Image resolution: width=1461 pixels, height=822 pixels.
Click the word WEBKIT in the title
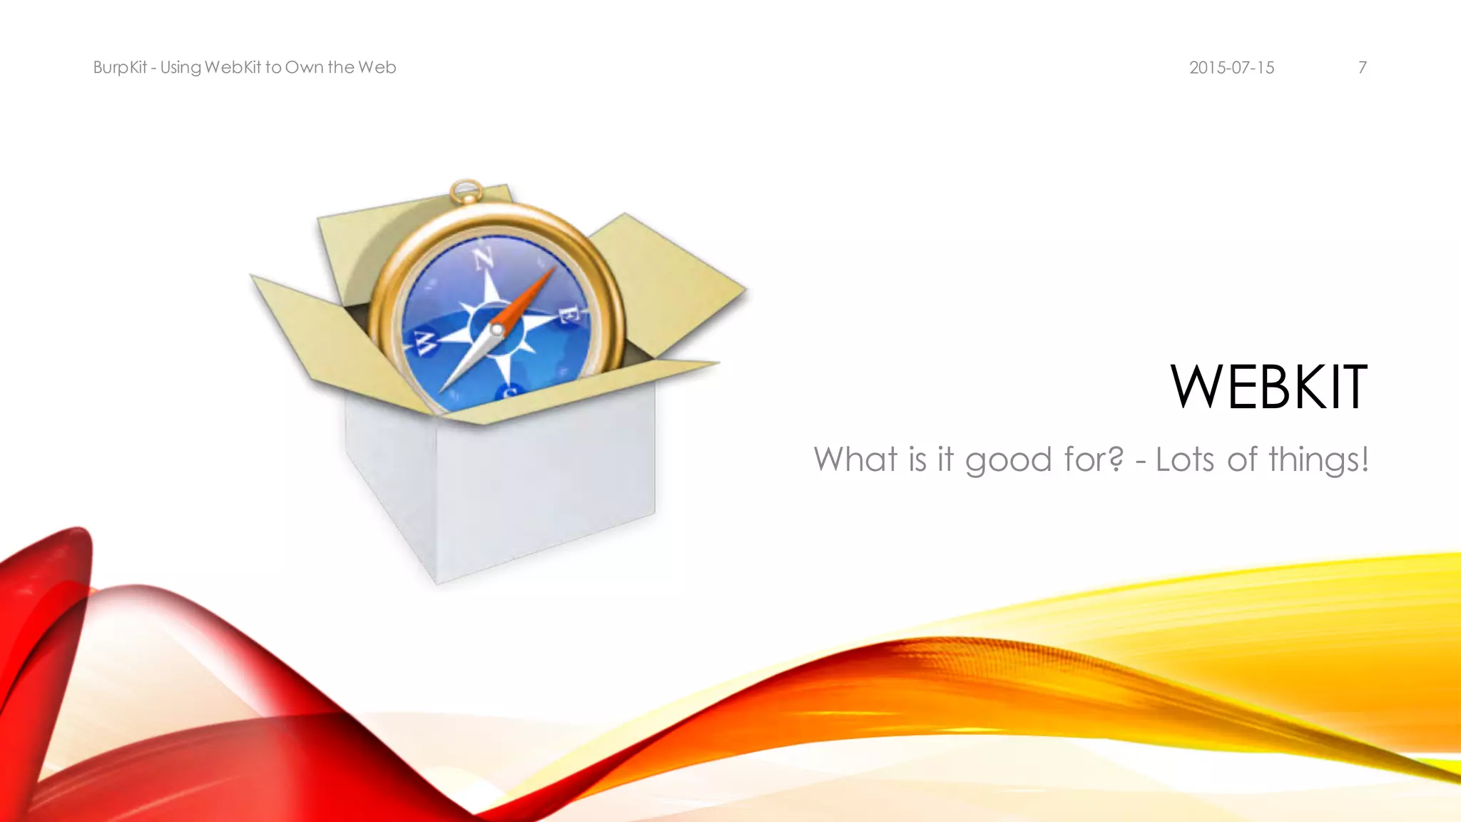[1268, 387]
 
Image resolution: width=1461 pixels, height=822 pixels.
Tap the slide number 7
[1362, 68]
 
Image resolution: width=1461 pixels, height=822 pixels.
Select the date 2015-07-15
[1231, 68]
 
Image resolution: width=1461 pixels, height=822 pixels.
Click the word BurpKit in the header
[120, 68]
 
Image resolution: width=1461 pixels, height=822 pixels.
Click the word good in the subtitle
[1009, 460]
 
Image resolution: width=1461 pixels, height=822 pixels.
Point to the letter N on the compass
[484, 259]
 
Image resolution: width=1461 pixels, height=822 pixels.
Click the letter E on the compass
[569, 315]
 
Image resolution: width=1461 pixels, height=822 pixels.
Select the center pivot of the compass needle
[497, 330]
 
